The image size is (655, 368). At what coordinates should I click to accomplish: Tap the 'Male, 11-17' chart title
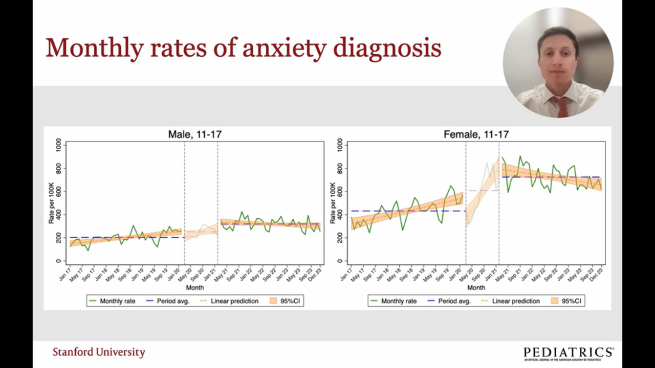click(195, 134)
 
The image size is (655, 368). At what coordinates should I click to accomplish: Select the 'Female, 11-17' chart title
click(476, 134)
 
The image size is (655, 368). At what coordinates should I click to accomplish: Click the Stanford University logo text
click(99, 352)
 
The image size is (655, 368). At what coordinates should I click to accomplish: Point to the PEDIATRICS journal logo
click(569, 353)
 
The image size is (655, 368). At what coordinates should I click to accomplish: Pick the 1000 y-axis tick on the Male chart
click(59, 146)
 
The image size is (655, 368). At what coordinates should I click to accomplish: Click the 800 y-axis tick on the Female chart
click(340, 169)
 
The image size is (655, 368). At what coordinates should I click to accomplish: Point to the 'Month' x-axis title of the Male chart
click(195, 288)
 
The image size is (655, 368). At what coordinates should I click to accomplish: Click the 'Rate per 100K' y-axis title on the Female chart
click(333, 203)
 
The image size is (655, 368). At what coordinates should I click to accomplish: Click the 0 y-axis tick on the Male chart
click(59, 261)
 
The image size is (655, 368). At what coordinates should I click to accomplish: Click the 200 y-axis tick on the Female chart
click(340, 238)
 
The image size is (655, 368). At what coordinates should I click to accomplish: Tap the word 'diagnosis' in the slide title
click(387, 49)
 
